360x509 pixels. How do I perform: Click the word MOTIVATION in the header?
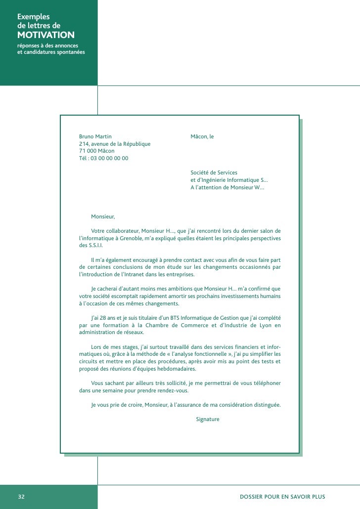coord(46,35)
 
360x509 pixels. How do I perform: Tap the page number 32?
coord(21,497)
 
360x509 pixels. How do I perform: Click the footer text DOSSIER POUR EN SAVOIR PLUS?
coord(282,497)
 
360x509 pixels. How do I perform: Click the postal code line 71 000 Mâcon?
coord(96,151)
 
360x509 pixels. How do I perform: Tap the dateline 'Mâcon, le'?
coord(202,136)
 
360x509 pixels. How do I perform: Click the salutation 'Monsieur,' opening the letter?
coord(103,216)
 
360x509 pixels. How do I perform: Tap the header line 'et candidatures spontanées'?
coord(51,52)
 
